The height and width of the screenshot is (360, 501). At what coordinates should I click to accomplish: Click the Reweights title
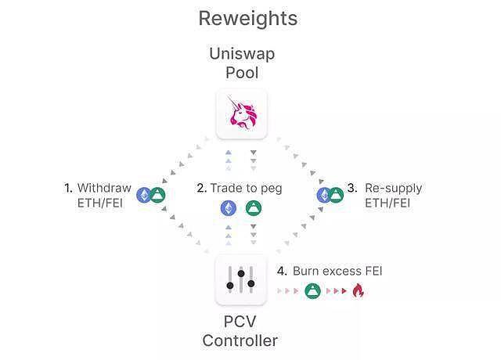tap(247, 18)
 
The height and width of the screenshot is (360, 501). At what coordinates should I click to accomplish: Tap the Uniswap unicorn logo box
tap(241, 114)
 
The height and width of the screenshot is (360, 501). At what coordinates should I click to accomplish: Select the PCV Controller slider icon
tap(241, 280)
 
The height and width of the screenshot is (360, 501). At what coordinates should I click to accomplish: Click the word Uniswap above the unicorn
tap(241, 54)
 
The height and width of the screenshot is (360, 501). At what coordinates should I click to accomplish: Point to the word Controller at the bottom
tap(240, 340)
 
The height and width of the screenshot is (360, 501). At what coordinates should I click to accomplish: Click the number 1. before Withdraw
tap(69, 188)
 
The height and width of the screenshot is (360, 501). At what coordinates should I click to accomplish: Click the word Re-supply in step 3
tap(394, 188)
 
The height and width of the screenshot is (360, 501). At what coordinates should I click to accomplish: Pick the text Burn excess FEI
tap(337, 271)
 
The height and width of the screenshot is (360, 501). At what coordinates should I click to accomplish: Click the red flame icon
tap(359, 291)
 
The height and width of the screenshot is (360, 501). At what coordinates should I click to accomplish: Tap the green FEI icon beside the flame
tap(312, 291)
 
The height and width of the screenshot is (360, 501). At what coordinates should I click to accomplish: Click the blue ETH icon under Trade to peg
tap(229, 208)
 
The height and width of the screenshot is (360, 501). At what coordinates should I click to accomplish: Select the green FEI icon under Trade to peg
tap(253, 208)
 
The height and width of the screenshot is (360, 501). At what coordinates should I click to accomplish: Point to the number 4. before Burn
tap(283, 271)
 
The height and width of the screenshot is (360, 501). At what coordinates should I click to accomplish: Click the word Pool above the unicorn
tap(241, 73)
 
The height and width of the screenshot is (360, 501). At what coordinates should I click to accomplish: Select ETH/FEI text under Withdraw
tap(103, 203)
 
